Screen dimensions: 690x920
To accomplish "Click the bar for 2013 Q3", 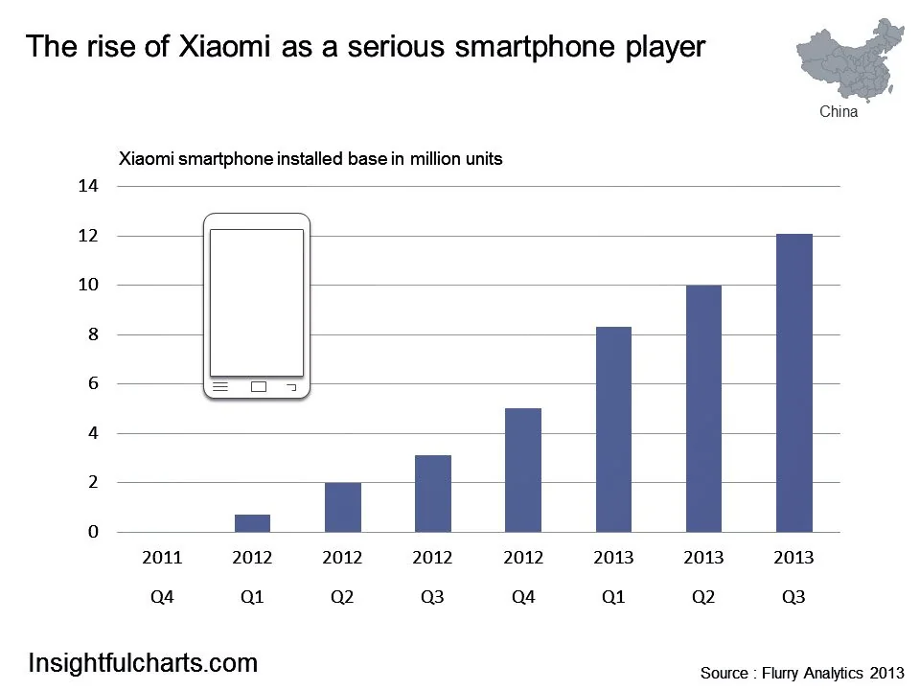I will pyautogui.click(x=793, y=383).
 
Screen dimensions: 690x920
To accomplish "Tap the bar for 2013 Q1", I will pyautogui.click(x=613, y=429).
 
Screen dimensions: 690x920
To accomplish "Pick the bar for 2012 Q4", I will pyautogui.click(x=523, y=471).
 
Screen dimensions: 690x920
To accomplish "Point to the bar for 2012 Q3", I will pyautogui.click(x=433, y=494).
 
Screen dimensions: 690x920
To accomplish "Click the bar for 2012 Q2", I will pyautogui.click(x=343, y=507).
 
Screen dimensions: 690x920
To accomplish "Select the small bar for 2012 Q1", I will pyautogui.click(x=253, y=523).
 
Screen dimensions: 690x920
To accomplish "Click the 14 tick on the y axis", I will pyautogui.click(x=88, y=186).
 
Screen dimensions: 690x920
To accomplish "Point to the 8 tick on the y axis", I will pyautogui.click(x=93, y=334).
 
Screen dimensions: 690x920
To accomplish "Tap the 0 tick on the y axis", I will pyautogui.click(x=93, y=532).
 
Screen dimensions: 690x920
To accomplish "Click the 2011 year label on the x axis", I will pyautogui.click(x=162, y=558).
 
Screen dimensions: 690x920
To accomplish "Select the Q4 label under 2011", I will pyautogui.click(x=162, y=597).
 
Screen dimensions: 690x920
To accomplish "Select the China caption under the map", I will pyautogui.click(x=839, y=112).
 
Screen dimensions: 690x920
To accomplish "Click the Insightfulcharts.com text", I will pyautogui.click(x=143, y=662).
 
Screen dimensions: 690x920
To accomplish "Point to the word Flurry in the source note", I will pyautogui.click(x=781, y=674).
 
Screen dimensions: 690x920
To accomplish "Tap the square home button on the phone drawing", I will pyautogui.click(x=258, y=387).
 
